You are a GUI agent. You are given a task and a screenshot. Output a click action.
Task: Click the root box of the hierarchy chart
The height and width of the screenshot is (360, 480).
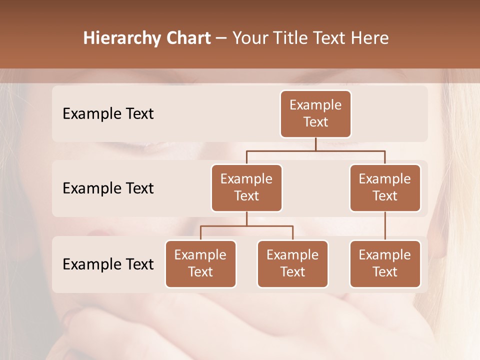(315, 114)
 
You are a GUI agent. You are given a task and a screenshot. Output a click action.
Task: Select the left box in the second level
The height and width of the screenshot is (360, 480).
(246, 188)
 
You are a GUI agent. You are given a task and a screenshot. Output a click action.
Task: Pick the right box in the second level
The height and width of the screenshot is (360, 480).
(385, 188)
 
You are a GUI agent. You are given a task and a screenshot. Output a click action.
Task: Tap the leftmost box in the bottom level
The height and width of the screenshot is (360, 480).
(200, 264)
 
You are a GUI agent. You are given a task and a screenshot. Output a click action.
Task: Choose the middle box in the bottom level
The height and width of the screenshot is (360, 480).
(292, 264)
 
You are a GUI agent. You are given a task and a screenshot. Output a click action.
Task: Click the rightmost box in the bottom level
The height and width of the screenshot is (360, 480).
(385, 264)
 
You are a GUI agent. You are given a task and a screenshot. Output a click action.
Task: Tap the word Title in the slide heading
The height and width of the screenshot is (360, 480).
(291, 38)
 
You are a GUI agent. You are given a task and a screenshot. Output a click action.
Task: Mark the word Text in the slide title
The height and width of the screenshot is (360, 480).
(330, 38)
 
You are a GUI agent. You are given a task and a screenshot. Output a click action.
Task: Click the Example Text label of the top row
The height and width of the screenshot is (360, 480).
(108, 114)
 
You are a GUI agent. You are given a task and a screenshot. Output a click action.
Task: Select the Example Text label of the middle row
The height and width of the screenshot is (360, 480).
(108, 188)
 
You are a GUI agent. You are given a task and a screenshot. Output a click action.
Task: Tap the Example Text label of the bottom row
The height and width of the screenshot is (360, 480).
(108, 264)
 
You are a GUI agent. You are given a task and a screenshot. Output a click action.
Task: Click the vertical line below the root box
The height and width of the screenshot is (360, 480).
(315, 144)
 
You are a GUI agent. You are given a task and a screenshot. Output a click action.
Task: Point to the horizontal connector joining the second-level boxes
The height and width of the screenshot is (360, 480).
(315, 150)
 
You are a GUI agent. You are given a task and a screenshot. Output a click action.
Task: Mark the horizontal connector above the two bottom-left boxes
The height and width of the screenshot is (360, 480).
(246, 226)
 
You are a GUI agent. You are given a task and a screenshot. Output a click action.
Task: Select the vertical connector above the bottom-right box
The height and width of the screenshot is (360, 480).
(385, 226)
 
